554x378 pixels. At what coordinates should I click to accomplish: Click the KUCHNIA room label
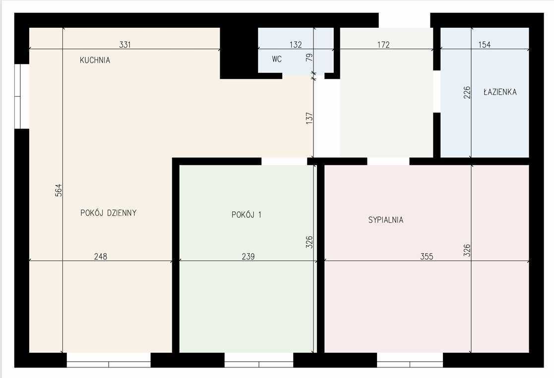95,60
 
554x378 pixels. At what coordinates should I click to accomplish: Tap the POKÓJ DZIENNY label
109,213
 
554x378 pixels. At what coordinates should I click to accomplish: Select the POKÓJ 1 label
246,214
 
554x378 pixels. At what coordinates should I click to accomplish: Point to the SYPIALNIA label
386,220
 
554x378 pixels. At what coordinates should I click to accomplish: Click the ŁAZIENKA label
500,92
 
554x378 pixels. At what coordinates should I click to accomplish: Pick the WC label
277,59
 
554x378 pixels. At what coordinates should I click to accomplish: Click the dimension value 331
125,45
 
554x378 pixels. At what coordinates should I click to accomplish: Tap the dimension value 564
59,190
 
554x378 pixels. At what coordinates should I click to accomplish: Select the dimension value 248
101,256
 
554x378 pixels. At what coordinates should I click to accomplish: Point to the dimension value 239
248,256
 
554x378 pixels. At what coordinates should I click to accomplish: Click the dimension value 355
427,256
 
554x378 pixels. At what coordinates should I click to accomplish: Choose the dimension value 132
296,45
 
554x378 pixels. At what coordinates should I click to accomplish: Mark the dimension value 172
383,45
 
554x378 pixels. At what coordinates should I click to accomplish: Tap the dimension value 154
485,45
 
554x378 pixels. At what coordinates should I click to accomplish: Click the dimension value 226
467,93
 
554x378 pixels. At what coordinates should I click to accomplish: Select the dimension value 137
309,118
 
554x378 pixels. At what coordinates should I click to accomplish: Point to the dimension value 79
309,57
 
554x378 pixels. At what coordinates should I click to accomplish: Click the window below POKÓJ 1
259,360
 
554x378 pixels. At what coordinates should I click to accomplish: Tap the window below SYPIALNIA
410,360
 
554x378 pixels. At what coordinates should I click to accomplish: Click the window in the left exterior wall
22,96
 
